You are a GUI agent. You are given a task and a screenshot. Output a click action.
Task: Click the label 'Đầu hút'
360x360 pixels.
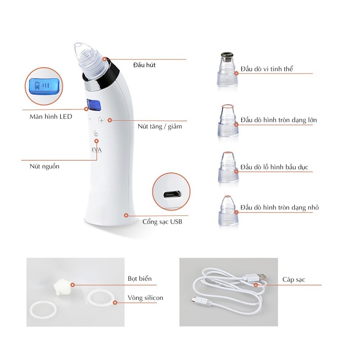tap(144, 65)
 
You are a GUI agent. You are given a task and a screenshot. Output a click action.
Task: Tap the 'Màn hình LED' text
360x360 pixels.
tap(51, 117)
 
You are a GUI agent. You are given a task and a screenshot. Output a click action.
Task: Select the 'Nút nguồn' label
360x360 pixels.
tap(45, 166)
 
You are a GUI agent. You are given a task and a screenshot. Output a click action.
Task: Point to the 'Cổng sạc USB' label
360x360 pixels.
tap(162, 222)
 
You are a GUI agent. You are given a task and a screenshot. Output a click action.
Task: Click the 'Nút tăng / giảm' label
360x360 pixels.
tap(160, 126)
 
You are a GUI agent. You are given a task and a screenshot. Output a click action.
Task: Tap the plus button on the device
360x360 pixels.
tap(102, 120)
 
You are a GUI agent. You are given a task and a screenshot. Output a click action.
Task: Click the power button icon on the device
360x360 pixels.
tap(96, 134)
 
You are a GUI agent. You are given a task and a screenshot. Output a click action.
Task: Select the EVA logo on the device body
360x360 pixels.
tap(96, 150)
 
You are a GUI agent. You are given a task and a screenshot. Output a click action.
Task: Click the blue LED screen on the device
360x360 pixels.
tap(94, 105)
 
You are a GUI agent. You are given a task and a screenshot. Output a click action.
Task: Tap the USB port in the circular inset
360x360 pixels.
tap(172, 195)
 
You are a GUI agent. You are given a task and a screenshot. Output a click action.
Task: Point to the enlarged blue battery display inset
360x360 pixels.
tap(46, 86)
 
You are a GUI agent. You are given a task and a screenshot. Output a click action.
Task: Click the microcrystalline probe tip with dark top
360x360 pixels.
tap(228, 69)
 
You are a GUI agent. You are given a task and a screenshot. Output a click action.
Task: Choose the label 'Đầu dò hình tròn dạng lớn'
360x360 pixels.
tap(279, 120)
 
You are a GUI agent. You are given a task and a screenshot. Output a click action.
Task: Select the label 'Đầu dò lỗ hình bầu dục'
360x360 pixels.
tap(274, 167)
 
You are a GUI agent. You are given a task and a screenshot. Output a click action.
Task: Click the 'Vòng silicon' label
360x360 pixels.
tap(145, 298)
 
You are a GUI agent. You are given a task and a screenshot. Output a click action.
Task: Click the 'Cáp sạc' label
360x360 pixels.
tap(294, 280)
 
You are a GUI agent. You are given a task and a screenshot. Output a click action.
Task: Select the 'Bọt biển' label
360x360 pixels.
tap(140, 279)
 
